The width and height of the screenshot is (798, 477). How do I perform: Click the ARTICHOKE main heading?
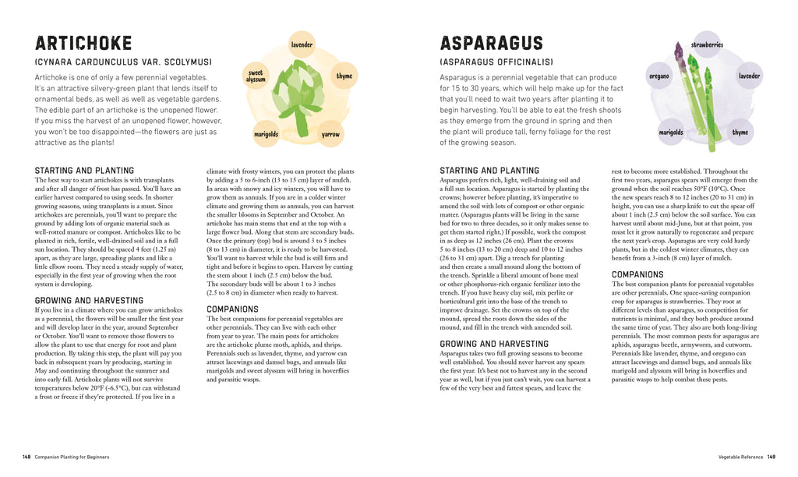click(x=83, y=44)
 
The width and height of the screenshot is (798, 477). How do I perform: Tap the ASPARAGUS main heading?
click(x=491, y=44)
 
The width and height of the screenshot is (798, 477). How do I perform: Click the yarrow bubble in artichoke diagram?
click(x=330, y=134)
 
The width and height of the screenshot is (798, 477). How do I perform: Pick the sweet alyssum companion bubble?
click(x=256, y=76)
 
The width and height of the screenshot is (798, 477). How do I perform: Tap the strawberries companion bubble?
click(x=706, y=45)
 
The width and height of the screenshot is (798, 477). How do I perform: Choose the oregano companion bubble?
click(x=659, y=76)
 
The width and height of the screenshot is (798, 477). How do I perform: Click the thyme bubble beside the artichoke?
click(x=344, y=76)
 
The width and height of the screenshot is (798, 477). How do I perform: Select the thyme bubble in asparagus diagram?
click(x=740, y=132)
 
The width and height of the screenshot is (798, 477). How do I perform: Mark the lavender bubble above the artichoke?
click(x=302, y=45)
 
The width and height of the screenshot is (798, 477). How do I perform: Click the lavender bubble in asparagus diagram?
click(x=749, y=76)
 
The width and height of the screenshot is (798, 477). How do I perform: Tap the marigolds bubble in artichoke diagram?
click(x=266, y=134)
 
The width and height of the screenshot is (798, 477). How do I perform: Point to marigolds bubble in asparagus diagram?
click(x=670, y=132)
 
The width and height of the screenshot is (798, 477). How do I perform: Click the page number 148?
click(x=26, y=456)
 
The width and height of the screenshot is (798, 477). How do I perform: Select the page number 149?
click(x=771, y=456)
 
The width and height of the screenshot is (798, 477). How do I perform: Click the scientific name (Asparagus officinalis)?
click(x=496, y=62)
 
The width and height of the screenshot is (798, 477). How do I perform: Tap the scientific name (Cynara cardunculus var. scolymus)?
click(x=123, y=62)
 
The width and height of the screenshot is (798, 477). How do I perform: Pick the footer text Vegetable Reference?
click(x=740, y=456)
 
